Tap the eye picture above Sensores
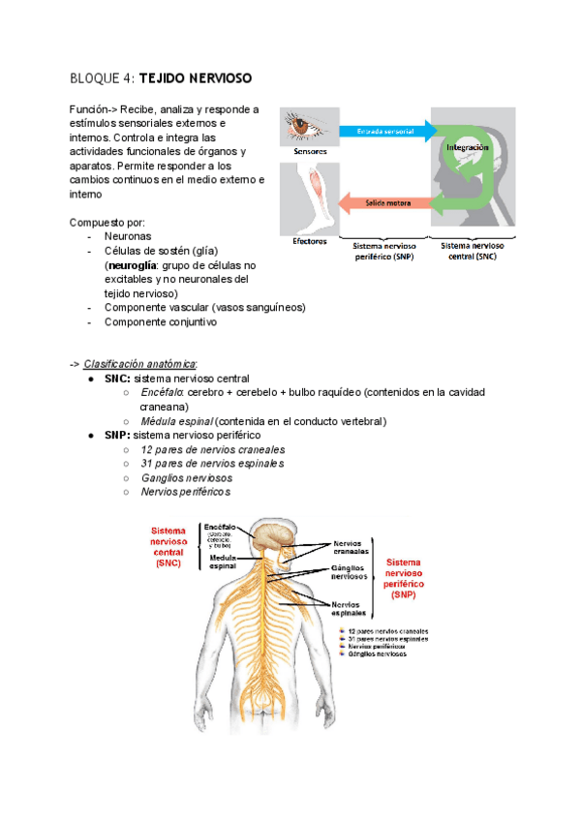(309, 127)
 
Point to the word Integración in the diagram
(468, 147)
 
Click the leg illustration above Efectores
(309, 197)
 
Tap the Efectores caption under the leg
(309, 241)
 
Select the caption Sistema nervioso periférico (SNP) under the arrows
(381, 252)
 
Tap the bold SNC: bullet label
(118, 378)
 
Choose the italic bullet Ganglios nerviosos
(187, 478)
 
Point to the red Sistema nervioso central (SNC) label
(168, 547)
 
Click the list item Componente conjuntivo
(160, 322)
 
